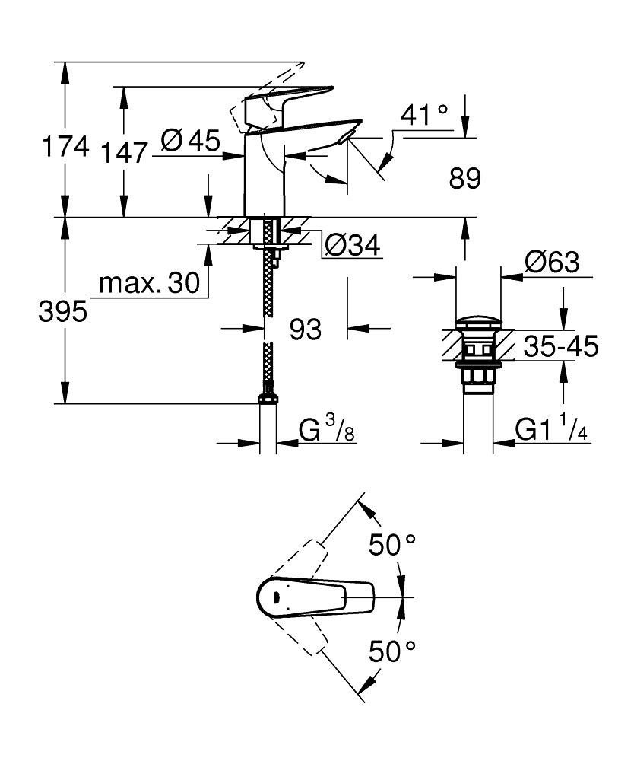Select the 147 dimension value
pos(124,152)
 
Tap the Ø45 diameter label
pos(190,140)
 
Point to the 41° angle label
pos(424,115)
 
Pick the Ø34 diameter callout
pos(352,245)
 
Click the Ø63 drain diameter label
pos(551,263)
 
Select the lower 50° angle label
pos(392,651)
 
